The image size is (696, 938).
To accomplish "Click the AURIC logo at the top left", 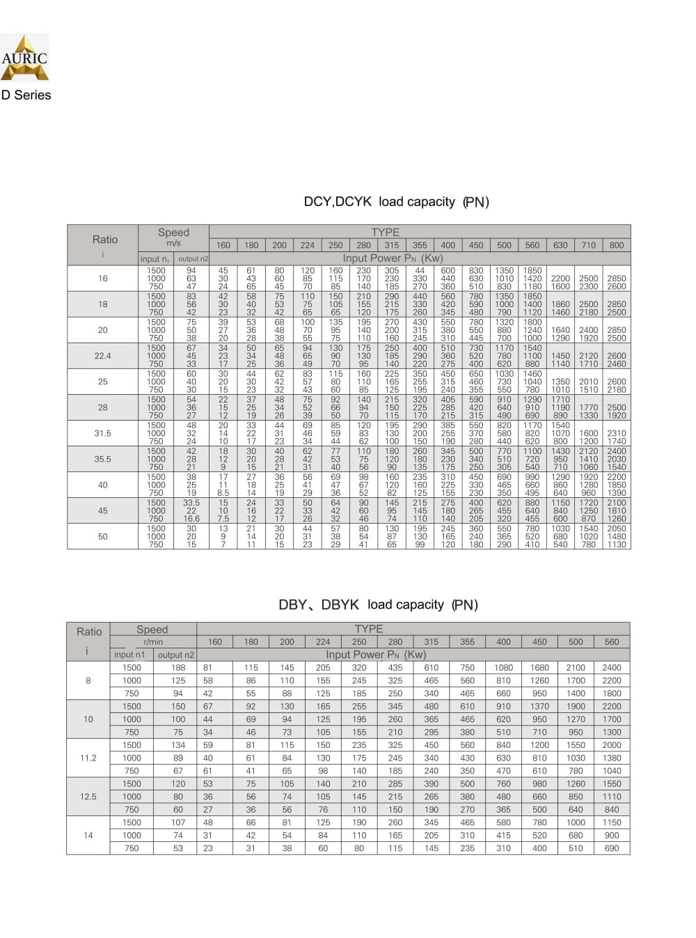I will click(24, 57).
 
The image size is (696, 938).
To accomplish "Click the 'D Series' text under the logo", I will click(26, 95).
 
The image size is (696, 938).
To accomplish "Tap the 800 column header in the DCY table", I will click(616, 245).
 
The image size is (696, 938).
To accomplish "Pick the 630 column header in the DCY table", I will click(560, 245).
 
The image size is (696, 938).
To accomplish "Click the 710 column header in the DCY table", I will click(588, 245).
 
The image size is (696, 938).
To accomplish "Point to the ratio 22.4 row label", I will click(102, 356).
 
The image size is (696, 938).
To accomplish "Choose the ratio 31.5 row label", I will click(102, 433).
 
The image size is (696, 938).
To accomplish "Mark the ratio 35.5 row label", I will click(102, 459).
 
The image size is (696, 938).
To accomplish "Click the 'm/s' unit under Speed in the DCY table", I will click(173, 243).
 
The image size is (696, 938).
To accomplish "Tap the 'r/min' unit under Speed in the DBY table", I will click(153, 642).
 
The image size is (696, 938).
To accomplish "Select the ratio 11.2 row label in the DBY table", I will click(88, 758).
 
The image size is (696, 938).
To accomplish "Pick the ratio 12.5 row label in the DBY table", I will click(88, 797).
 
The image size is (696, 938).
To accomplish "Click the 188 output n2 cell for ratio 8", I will click(178, 667).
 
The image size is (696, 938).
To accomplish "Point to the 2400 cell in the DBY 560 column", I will click(612, 667).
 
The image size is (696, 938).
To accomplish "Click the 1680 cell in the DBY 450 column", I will click(539, 667).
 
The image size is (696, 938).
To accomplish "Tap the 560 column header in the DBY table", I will click(612, 642).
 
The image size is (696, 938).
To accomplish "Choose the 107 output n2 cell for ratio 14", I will click(178, 822).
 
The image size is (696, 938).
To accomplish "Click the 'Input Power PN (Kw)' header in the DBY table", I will click(376, 655).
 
